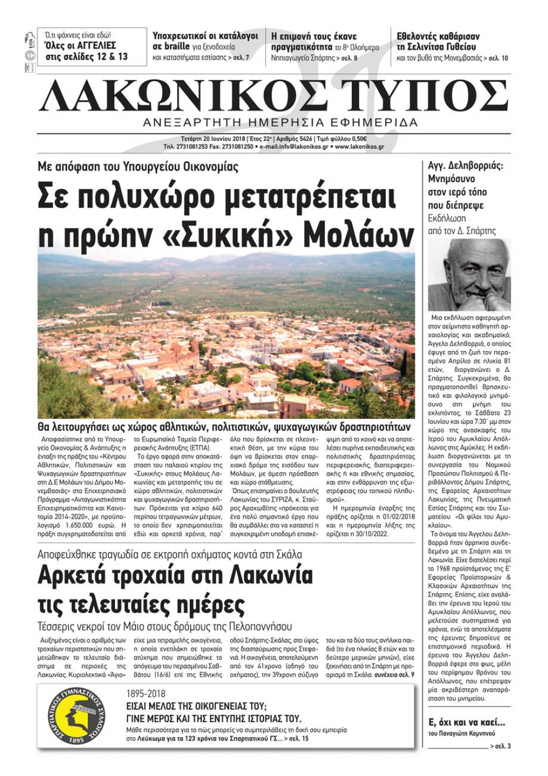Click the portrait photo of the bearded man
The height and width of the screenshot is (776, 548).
click(469, 275)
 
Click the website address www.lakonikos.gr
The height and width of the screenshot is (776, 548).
click(359, 147)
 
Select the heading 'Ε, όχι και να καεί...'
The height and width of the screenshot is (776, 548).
click(466, 722)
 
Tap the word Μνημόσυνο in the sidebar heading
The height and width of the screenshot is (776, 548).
click(452, 179)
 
